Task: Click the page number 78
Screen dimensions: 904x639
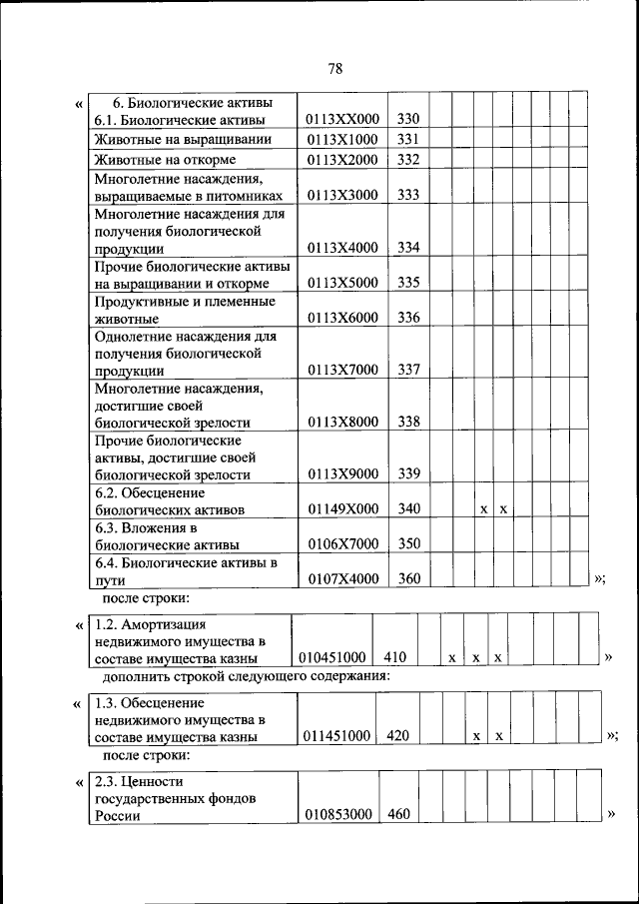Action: coord(334,68)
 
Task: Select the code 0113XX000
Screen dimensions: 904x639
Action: coord(343,120)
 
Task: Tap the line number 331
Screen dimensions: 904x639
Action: coord(407,139)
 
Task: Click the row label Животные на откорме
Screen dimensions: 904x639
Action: coord(165,160)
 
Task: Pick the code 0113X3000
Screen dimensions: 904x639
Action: coord(343,196)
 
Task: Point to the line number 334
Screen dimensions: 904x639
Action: coord(407,248)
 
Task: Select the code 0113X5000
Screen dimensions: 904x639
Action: coord(343,283)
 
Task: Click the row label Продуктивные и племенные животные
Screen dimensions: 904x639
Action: coord(184,310)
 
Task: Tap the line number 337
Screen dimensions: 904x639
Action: coord(407,370)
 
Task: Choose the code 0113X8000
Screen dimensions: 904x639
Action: coord(343,422)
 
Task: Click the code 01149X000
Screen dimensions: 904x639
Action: coord(343,508)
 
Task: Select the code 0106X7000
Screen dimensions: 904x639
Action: coord(343,544)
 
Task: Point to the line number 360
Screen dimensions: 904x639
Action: coord(407,579)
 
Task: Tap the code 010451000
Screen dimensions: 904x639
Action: coord(332,657)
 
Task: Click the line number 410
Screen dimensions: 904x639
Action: coord(393,657)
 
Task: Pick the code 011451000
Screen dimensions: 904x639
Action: coord(336,735)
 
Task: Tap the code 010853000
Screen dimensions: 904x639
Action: coord(336,814)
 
